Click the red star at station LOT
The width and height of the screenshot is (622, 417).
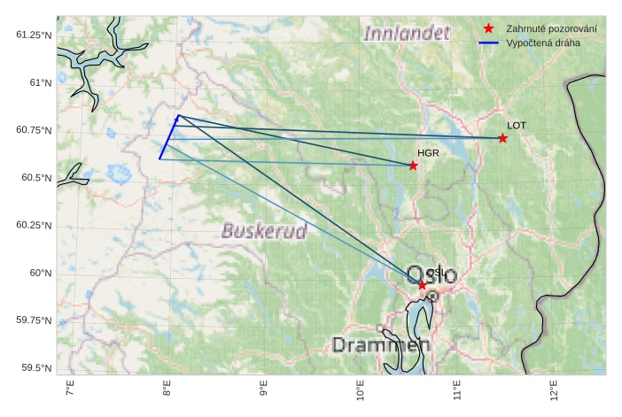[503, 138]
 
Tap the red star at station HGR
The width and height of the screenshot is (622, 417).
[413, 166]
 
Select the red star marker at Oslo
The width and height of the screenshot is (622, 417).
[423, 285]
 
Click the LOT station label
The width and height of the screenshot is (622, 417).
[517, 126]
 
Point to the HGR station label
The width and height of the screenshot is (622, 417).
[429, 153]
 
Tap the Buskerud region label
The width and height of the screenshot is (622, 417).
[264, 232]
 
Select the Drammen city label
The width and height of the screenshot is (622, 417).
[381, 345]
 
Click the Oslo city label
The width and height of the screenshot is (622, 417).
[432, 274]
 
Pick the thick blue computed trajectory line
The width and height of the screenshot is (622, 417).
[169, 137]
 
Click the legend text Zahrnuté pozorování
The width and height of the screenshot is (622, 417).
[550, 29]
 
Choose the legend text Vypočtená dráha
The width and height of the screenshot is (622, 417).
[542, 42]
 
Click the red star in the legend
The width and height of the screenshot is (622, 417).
[488, 29]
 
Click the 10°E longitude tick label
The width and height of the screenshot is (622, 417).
[360, 390]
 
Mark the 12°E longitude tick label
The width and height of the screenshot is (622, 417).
[553, 390]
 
